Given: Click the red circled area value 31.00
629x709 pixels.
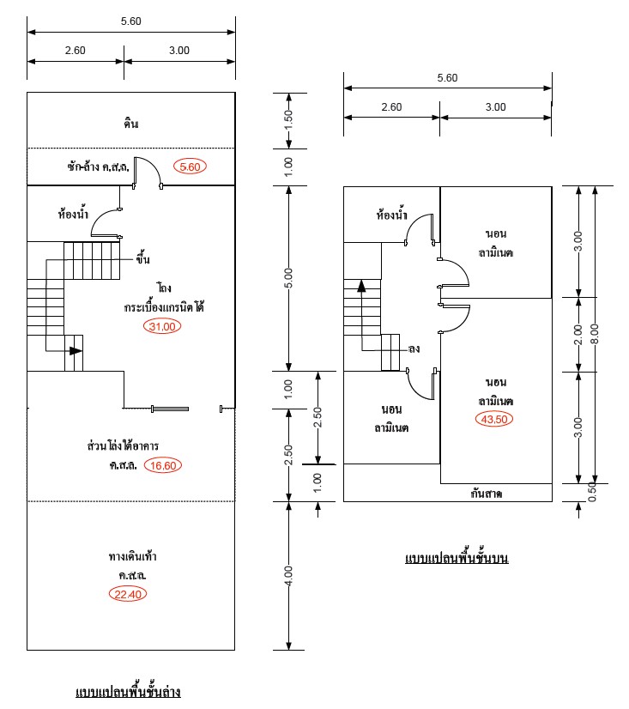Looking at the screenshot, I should (x=162, y=326).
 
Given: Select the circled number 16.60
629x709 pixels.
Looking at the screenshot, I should (x=162, y=466).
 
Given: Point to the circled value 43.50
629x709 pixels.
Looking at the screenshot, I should (x=495, y=419).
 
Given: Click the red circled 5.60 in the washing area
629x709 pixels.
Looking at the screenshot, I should (x=191, y=167).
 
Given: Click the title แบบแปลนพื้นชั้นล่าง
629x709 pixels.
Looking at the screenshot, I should (x=128, y=692).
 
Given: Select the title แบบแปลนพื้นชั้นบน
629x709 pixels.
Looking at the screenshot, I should (x=457, y=559).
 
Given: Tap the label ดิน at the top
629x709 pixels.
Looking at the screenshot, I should (x=130, y=124).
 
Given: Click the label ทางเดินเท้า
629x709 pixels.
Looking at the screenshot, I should (x=132, y=556).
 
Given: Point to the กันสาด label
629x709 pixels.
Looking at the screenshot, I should (x=486, y=494).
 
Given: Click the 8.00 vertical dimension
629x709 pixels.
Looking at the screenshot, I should (x=595, y=334).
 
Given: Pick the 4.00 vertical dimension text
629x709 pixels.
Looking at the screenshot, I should (x=288, y=576).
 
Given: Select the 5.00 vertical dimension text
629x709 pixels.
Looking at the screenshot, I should (x=288, y=278).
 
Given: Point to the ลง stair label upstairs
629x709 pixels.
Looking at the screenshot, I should (x=414, y=349).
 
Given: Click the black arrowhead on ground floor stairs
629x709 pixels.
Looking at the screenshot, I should (x=76, y=350).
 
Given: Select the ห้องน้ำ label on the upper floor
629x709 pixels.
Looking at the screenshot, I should (x=391, y=215).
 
